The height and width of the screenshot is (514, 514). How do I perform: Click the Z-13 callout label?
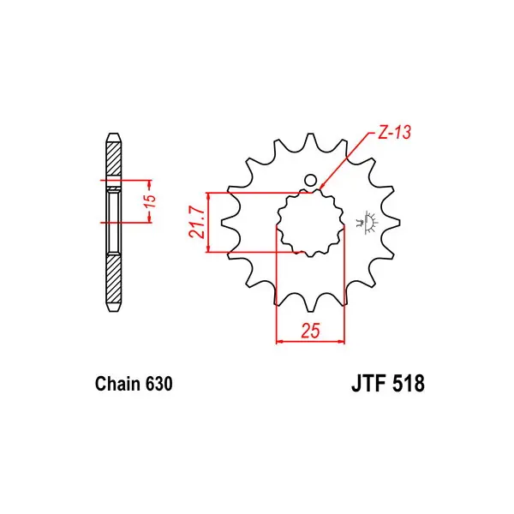coord(394,133)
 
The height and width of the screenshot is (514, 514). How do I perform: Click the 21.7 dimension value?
coord(197,222)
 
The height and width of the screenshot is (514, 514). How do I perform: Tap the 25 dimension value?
coord(310,331)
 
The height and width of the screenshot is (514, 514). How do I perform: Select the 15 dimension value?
coord(150,201)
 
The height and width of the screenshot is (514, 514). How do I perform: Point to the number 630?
coord(159,384)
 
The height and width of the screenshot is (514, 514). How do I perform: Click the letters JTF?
coord(368,383)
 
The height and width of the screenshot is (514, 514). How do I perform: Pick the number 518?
coord(408,383)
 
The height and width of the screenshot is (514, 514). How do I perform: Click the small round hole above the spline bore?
coord(310,180)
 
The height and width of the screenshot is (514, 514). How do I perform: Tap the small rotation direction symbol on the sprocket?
coord(367,223)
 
